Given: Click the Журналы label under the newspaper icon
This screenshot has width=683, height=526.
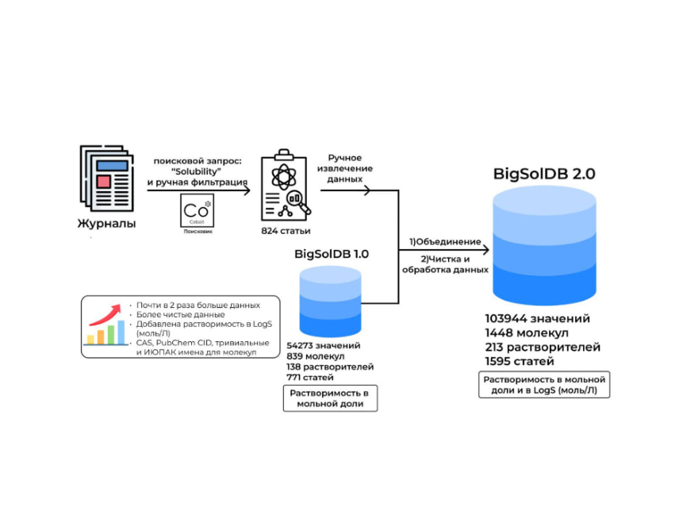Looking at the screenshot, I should (106, 224).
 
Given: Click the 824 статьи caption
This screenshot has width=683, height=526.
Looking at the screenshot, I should (286, 232).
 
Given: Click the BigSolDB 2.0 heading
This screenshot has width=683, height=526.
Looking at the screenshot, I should (544, 173).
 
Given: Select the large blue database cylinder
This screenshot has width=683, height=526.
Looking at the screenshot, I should (544, 245).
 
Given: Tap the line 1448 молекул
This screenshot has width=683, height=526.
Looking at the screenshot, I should (526, 333).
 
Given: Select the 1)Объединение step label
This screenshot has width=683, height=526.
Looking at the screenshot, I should (444, 241).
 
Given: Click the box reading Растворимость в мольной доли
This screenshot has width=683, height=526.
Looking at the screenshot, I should (330, 398).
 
